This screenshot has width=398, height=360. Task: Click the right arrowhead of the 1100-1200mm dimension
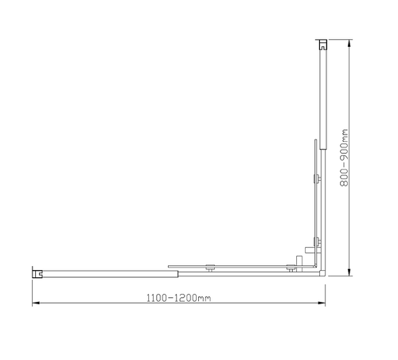coord(322,305)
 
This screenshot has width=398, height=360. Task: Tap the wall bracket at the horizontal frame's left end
coord(37,273)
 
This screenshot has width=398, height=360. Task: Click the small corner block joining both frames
coord(322,272)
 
